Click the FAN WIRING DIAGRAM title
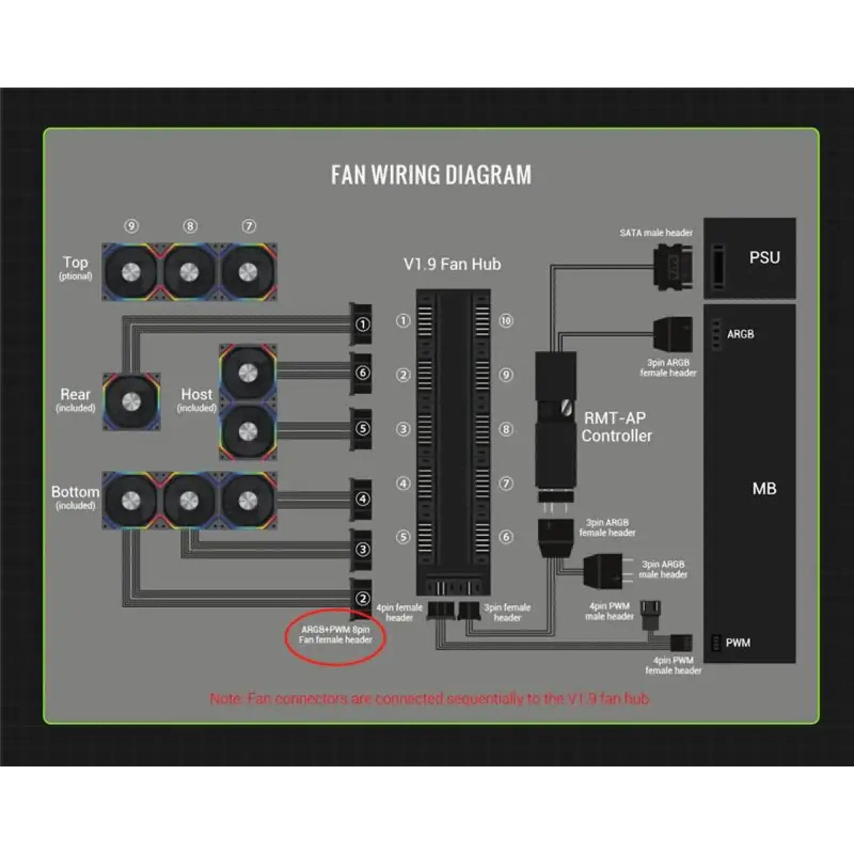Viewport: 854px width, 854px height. point(431,175)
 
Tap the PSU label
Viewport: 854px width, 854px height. point(764,258)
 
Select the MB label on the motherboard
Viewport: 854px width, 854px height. point(764,488)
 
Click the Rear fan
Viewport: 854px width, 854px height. point(131,401)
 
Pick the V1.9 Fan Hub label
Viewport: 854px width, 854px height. point(452,264)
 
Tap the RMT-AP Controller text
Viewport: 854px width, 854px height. point(616,427)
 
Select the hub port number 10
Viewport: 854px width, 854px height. point(505,321)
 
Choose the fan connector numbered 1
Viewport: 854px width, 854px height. point(362,324)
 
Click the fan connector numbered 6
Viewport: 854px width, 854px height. point(362,373)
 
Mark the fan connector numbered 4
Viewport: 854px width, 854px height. point(362,499)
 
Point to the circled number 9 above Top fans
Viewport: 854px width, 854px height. point(131,226)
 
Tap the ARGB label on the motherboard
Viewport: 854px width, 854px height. point(740,334)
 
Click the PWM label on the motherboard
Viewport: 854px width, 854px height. point(738,643)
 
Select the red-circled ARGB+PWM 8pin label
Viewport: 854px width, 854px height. point(335,635)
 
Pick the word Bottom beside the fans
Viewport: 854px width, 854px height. point(75,492)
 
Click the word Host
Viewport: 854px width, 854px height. point(196,394)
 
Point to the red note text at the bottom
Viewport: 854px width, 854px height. point(430,699)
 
